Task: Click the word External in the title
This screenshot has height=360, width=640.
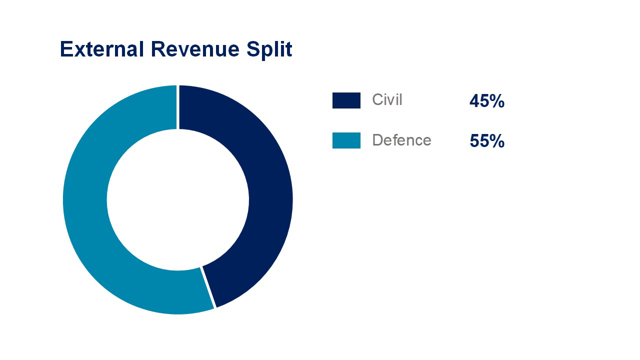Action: pyautogui.click(x=101, y=50)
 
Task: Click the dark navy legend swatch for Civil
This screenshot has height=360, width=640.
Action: pyautogui.click(x=346, y=100)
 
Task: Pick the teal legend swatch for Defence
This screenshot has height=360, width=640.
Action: pyautogui.click(x=346, y=140)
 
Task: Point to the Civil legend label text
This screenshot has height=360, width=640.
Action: pyautogui.click(x=387, y=100)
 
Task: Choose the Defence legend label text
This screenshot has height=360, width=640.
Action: pyautogui.click(x=401, y=140)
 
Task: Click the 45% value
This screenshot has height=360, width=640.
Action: pyautogui.click(x=486, y=101)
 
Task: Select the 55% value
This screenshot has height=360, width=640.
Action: pyautogui.click(x=486, y=141)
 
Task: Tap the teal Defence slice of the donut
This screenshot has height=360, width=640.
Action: pyautogui.click(x=85, y=200)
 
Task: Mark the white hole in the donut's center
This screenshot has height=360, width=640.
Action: pyautogui.click(x=177, y=200)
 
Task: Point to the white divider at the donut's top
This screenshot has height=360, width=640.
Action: pyautogui.click(x=178, y=107)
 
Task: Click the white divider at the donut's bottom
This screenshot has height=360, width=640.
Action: pyautogui.click(x=208, y=287)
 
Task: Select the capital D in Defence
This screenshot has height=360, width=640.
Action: pyautogui.click(x=377, y=140)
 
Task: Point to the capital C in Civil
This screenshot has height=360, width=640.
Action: pyautogui.click(x=377, y=100)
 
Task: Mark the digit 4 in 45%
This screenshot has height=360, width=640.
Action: pyautogui.click(x=474, y=101)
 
